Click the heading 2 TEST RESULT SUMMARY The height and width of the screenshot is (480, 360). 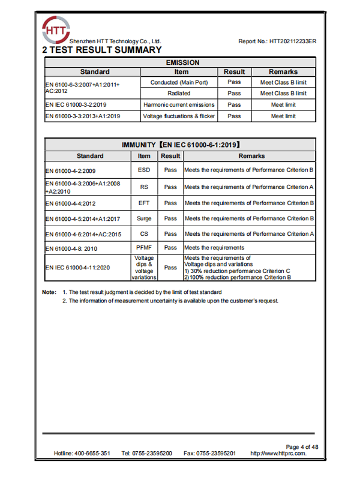[102, 50]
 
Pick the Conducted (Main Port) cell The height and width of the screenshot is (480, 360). [179, 82]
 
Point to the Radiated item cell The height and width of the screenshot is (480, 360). [179, 94]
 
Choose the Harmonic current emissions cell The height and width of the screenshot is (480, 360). [179, 105]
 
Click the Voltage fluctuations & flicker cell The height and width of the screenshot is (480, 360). [179, 116]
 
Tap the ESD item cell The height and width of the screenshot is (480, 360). [144, 170]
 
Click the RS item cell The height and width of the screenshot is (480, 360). [144, 187]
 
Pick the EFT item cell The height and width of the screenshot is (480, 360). [144, 203]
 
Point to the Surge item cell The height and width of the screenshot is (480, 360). [144, 219]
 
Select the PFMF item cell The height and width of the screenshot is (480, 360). [144, 247]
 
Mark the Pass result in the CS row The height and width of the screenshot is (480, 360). [170, 234]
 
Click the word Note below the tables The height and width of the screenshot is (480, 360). [49, 292]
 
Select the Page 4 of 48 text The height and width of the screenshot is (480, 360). [302, 447]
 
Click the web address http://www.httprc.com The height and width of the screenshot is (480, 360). [278, 454]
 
